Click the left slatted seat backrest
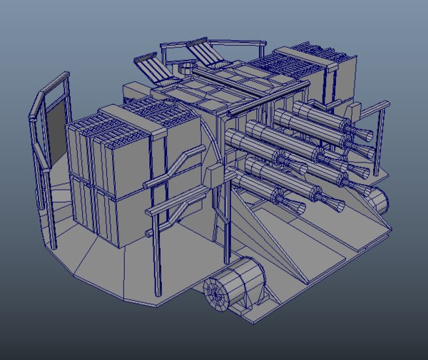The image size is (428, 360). click(x=151, y=69)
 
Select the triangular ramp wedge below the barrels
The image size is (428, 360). click(x=264, y=235)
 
